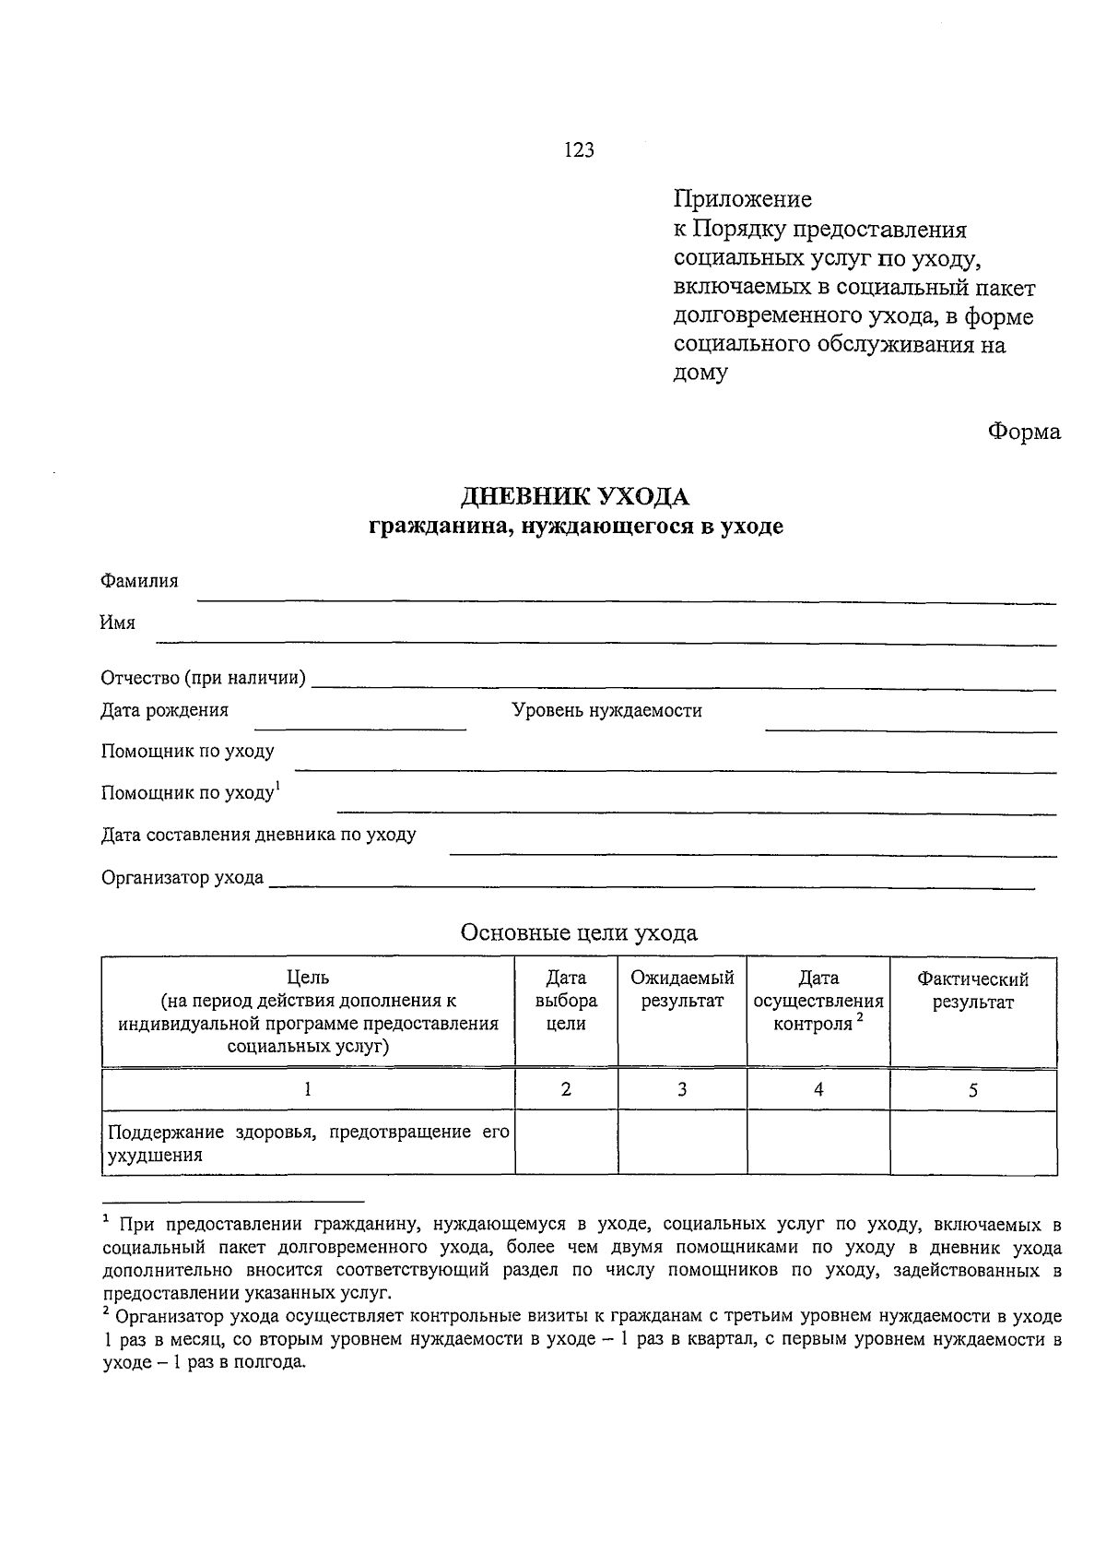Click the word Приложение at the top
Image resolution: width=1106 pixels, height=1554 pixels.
click(742, 199)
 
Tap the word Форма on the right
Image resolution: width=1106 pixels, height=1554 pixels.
click(1024, 432)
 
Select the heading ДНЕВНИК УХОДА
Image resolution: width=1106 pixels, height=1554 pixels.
click(575, 497)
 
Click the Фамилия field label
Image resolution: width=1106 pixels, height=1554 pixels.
click(139, 581)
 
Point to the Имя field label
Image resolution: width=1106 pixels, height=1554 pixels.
click(118, 623)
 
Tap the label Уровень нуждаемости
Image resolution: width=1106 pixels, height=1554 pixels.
click(606, 711)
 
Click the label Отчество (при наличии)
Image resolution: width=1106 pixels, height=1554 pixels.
click(204, 679)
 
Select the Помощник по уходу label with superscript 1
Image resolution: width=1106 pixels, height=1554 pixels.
click(191, 792)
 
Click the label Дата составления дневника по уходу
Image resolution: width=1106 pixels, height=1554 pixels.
click(258, 835)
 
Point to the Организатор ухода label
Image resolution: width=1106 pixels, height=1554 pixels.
click(182, 878)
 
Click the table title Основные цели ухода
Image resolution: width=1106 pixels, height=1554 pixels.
click(579, 932)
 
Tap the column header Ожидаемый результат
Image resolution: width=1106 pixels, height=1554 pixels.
click(682, 990)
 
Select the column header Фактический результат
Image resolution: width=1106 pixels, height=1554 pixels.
click(972, 991)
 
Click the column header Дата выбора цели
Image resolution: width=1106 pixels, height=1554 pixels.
click(566, 1001)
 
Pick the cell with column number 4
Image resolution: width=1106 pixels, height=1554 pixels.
click(818, 1089)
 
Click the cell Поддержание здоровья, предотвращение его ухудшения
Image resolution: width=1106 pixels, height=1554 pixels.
click(308, 1143)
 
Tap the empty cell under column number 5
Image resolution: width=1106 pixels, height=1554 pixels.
click(972, 1142)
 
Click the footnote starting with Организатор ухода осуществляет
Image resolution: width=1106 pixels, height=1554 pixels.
click(581, 1339)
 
